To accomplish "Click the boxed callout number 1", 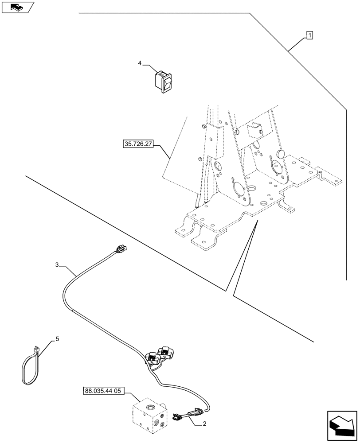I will coord(309,35).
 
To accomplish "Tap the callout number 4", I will coord(140,64).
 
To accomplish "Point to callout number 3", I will coord(57,265).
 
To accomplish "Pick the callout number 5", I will coord(57,339).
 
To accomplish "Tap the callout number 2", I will coord(204,424).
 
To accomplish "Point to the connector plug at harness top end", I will coord(119,251).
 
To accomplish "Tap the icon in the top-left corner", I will coord(17,7).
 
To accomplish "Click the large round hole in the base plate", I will coord(252,190).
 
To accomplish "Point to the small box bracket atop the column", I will coord(255,129).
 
